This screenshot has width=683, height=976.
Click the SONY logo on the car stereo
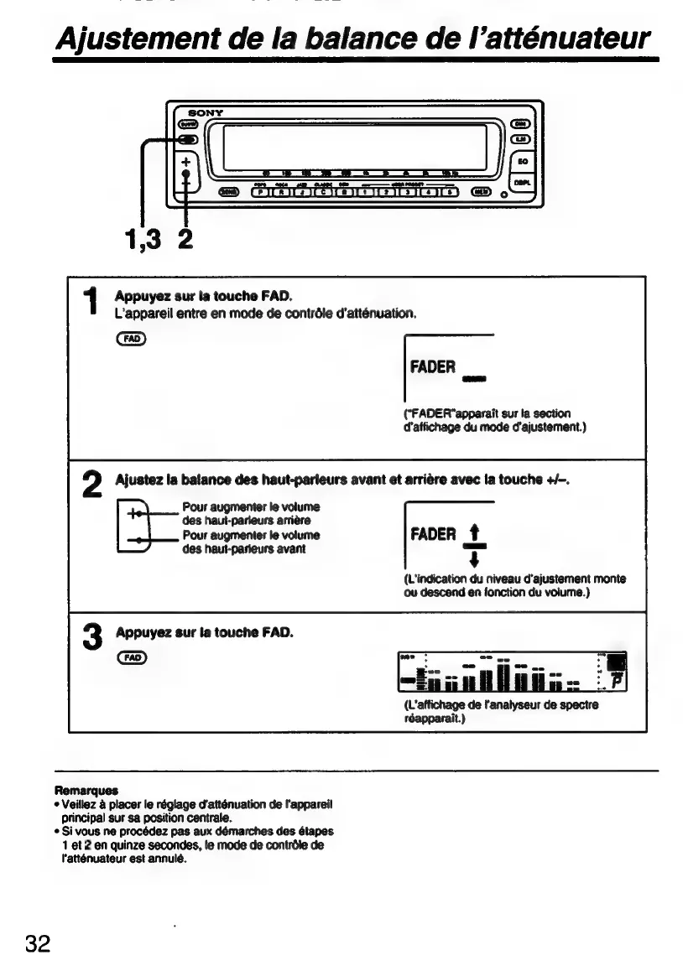tap(205, 112)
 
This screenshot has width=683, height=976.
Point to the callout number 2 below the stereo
tap(185, 241)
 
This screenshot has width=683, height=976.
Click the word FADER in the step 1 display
tap(433, 367)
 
